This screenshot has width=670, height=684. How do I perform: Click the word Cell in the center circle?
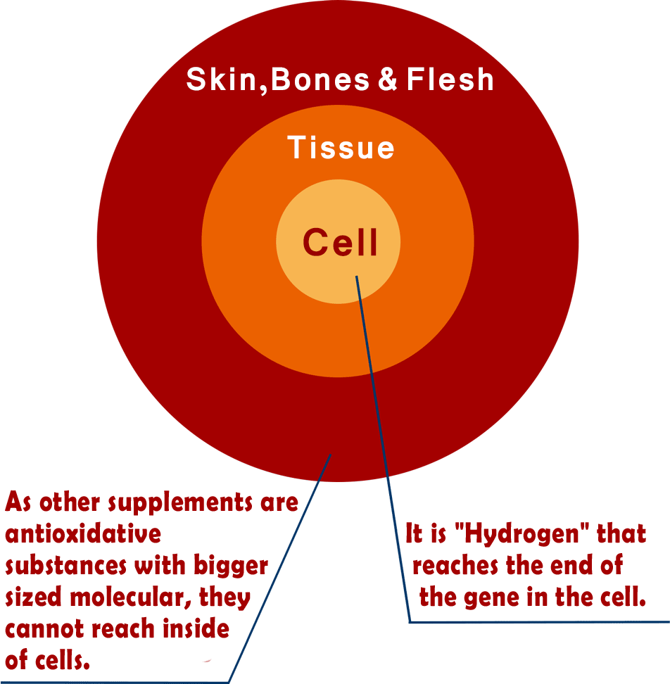[x=341, y=243]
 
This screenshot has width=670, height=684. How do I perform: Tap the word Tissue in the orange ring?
[x=341, y=148]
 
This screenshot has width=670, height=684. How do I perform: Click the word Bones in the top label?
[x=320, y=80]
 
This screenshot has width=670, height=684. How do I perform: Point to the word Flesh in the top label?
[x=450, y=80]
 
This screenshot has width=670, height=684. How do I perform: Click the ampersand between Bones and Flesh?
[x=388, y=80]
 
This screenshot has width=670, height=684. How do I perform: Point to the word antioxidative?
[x=83, y=534]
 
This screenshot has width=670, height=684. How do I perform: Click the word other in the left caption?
[x=68, y=503]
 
